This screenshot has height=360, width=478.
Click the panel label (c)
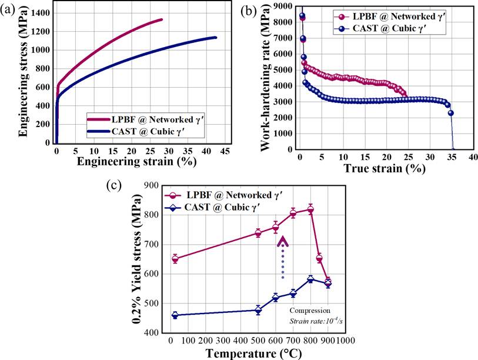[x=113, y=185]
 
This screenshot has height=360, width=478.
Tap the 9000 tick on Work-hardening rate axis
[x=285, y=6]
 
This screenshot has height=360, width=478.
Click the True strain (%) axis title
[x=385, y=168]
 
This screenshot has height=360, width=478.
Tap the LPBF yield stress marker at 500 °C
[x=258, y=233]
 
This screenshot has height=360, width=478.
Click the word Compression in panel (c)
[x=310, y=310]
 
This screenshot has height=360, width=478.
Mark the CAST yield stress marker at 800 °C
[x=310, y=279]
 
